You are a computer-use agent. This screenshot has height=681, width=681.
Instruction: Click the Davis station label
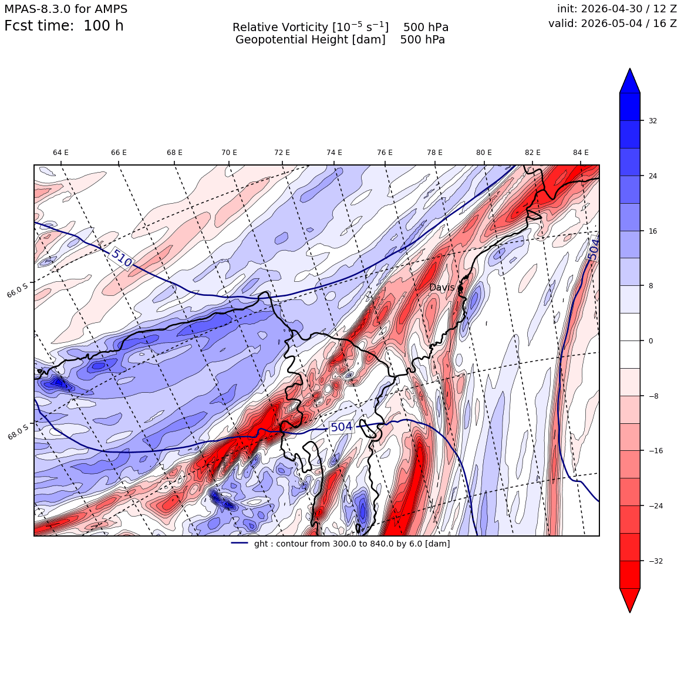click(x=441, y=287)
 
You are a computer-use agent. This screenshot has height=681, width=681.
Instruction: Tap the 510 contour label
click(x=121, y=258)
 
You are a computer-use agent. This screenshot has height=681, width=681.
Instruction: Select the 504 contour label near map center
click(x=341, y=427)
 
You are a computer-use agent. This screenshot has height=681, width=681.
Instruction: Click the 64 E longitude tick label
click(x=60, y=153)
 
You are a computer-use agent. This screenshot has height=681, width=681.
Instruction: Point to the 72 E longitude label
click(x=282, y=153)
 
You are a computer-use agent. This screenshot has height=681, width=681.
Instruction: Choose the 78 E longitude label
click(x=434, y=153)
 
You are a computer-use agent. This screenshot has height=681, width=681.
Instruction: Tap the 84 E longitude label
click(x=581, y=153)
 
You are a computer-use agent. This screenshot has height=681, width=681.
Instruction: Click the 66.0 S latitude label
click(x=18, y=289)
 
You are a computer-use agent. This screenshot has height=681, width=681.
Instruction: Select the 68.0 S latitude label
click(x=18, y=431)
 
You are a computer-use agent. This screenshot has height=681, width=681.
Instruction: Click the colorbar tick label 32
click(x=653, y=121)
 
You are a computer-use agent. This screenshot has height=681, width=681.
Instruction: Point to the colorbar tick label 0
click(x=650, y=341)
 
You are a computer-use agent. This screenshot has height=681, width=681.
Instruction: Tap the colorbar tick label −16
click(x=655, y=451)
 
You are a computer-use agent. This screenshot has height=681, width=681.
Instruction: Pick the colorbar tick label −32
click(x=655, y=561)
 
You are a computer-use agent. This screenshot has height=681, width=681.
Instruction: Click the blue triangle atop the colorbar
click(x=630, y=81)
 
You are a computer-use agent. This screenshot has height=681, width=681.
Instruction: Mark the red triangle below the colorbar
click(x=630, y=600)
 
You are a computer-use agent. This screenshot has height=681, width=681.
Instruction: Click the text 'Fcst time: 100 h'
click(x=64, y=26)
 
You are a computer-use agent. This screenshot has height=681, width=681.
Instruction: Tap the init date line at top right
click(x=617, y=9)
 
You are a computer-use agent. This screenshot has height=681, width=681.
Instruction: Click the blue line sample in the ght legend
click(x=240, y=543)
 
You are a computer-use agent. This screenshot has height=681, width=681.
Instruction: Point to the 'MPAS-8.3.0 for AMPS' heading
click(x=66, y=9)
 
